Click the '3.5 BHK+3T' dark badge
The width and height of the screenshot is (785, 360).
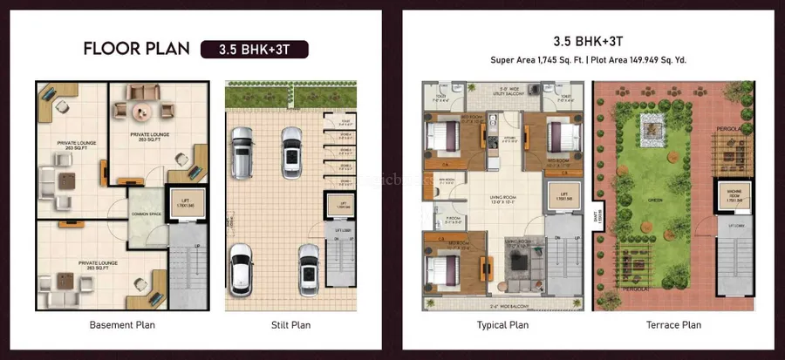point(254,48)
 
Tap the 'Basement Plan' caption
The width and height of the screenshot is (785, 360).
point(124,325)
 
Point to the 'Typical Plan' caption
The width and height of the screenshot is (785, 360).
point(503,325)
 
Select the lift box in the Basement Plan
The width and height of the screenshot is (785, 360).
point(181,204)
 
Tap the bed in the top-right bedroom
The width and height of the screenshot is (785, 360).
point(562,136)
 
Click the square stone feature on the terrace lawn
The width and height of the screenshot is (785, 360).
point(650,131)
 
